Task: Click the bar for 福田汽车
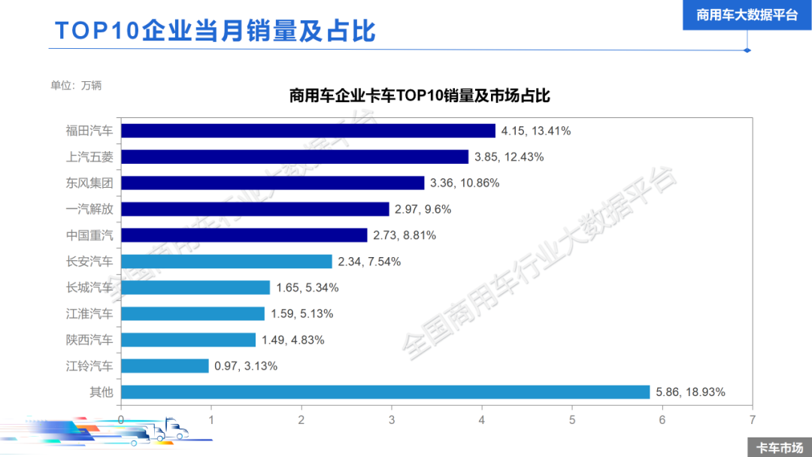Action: [308, 131]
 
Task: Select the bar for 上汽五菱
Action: [295, 157]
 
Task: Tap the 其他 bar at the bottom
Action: [385, 392]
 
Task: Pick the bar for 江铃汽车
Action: [165, 366]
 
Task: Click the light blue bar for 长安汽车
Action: [226, 262]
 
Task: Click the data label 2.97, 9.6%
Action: [423, 210]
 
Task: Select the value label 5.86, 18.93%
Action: [690, 392]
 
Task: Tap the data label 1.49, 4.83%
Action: [292, 340]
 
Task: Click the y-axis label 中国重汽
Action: [89, 235]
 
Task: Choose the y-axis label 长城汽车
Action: [89, 287]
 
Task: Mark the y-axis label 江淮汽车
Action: [89, 313]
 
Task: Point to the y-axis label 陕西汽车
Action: [89, 340]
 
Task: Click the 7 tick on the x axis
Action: [752, 419]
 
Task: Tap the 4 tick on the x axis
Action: [482, 419]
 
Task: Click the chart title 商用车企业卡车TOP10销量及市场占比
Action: [420, 96]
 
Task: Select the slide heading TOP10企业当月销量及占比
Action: [215, 31]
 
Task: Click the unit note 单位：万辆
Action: [76, 85]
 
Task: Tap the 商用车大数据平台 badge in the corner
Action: [747, 15]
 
